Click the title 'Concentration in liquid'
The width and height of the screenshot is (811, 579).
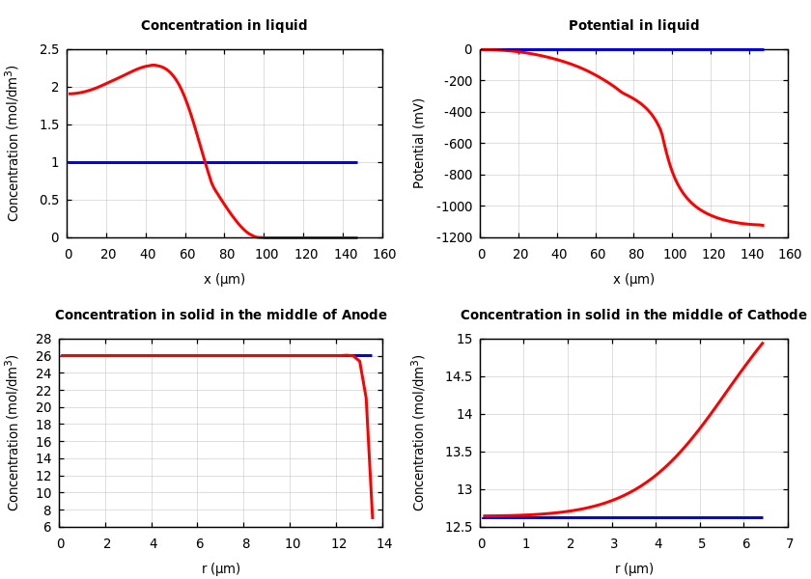tap(224, 26)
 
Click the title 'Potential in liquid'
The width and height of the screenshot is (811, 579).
tap(633, 26)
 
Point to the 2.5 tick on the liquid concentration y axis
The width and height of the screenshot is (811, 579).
tap(49, 49)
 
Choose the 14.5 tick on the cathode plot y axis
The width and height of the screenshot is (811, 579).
tap(463, 376)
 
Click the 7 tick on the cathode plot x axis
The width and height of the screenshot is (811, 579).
tap(789, 543)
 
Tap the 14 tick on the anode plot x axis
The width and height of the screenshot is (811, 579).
tap(383, 543)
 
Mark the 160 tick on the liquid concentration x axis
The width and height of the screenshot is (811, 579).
tap(383, 254)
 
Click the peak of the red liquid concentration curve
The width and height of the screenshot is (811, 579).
tap(153, 65)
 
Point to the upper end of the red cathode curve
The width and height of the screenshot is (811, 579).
tap(763, 343)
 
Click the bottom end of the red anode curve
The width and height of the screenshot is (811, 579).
tap(373, 518)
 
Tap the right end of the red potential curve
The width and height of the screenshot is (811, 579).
tap(763, 225)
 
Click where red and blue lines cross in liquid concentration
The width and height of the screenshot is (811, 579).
tap(204, 162)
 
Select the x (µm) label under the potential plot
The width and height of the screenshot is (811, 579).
tap(633, 279)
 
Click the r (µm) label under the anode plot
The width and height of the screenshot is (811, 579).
tap(221, 568)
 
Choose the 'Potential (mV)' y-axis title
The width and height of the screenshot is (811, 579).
tap(419, 143)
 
